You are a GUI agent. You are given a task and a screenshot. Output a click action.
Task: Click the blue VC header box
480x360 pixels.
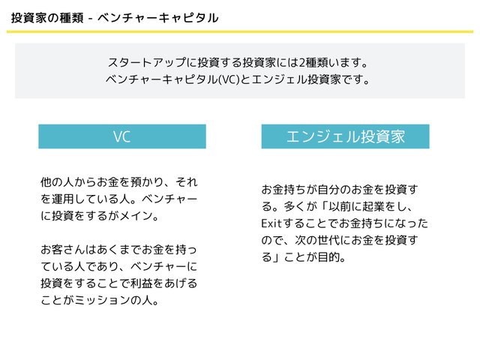[x=122, y=136]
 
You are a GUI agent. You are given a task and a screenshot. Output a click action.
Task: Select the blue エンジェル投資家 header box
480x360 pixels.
[x=345, y=136]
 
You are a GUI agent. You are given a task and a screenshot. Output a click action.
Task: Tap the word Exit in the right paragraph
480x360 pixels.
[x=271, y=223]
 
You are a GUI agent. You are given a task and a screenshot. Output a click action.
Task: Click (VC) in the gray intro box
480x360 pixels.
[x=229, y=79]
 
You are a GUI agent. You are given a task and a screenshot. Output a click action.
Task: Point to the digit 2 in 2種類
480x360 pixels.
[x=301, y=63]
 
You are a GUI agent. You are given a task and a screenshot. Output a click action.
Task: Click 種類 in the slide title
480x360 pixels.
[x=71, y=18]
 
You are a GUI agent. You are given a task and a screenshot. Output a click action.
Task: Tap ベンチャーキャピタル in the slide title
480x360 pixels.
[x=158, y=18]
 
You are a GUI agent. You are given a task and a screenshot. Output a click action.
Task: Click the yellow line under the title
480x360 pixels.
[x=240, y=31]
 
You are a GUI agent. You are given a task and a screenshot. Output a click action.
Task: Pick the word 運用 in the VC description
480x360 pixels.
[x=63, y=199]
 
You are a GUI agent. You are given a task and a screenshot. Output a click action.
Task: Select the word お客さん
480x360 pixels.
[x=63, y=250]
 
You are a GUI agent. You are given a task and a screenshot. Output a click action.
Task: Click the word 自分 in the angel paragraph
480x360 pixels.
[x=328, y=190]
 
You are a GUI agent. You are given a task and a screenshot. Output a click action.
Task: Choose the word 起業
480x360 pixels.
[x=373, y=207]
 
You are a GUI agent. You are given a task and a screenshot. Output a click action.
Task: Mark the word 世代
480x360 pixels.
[x=328, y=240]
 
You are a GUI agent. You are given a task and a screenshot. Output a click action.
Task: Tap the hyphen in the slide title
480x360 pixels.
[x=90, y=19]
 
